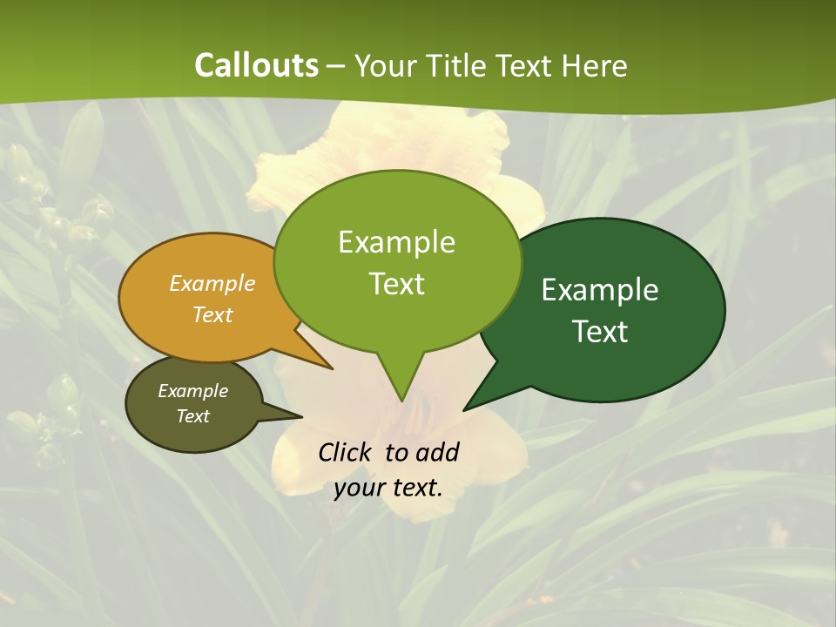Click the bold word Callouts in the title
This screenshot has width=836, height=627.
pyautogui.click(x=256, y=65)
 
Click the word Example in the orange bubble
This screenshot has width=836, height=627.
pyautogui.click(x=212, y=283)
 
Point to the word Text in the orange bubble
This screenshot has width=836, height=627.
pyautogui.click(x=212, y=314)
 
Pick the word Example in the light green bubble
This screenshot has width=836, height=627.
pyautogui.click(x=396, y=241)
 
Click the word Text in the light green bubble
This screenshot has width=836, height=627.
pyautogui.click(x=396, y=284)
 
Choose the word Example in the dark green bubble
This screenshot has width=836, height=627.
pyautogui.click(x=600, y=289)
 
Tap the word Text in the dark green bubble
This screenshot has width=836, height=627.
pyautogui.click(x=600, y=332)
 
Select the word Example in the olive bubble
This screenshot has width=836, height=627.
pyautogui.click(x=192, y=391)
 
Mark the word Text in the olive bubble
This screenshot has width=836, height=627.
pyautogui.click(x=192, y=416)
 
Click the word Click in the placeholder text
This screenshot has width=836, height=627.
pyautogui.click(x=347, y=452)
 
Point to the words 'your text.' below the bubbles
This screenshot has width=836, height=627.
pyautogui.click(x=388, y=488)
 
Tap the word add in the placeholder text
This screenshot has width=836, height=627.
pyautogui.click(x=438, y=452)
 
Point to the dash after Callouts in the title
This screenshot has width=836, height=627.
pyautogui.click(x=336, y=65)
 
